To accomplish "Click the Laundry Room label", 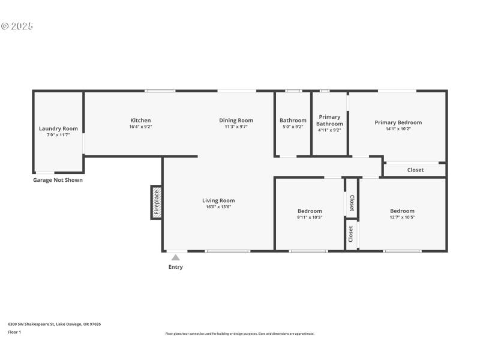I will (58, 128).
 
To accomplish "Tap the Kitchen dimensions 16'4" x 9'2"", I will (140, 127).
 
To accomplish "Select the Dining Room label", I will (236, 121).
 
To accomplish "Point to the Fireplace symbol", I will (157, 202).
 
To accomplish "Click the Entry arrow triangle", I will (175, 257).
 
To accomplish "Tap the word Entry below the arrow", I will (175, 267).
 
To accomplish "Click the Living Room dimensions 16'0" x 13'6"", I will (218, 207).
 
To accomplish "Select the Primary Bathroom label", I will (329, 120).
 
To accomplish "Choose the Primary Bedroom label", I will (398, 122).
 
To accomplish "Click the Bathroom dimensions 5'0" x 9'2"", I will (293, 127).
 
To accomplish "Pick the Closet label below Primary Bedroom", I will (415, 170).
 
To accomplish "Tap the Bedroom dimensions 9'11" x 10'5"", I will (310, 217).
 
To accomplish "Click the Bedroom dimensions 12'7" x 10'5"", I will (402, 217).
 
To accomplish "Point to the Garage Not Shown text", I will (58, 180).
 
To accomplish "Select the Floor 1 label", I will (14, 332).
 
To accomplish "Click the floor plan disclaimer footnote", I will (239, 334).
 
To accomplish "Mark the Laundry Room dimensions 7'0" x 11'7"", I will (58, 135).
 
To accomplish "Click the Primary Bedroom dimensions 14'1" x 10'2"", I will (398, 129).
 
